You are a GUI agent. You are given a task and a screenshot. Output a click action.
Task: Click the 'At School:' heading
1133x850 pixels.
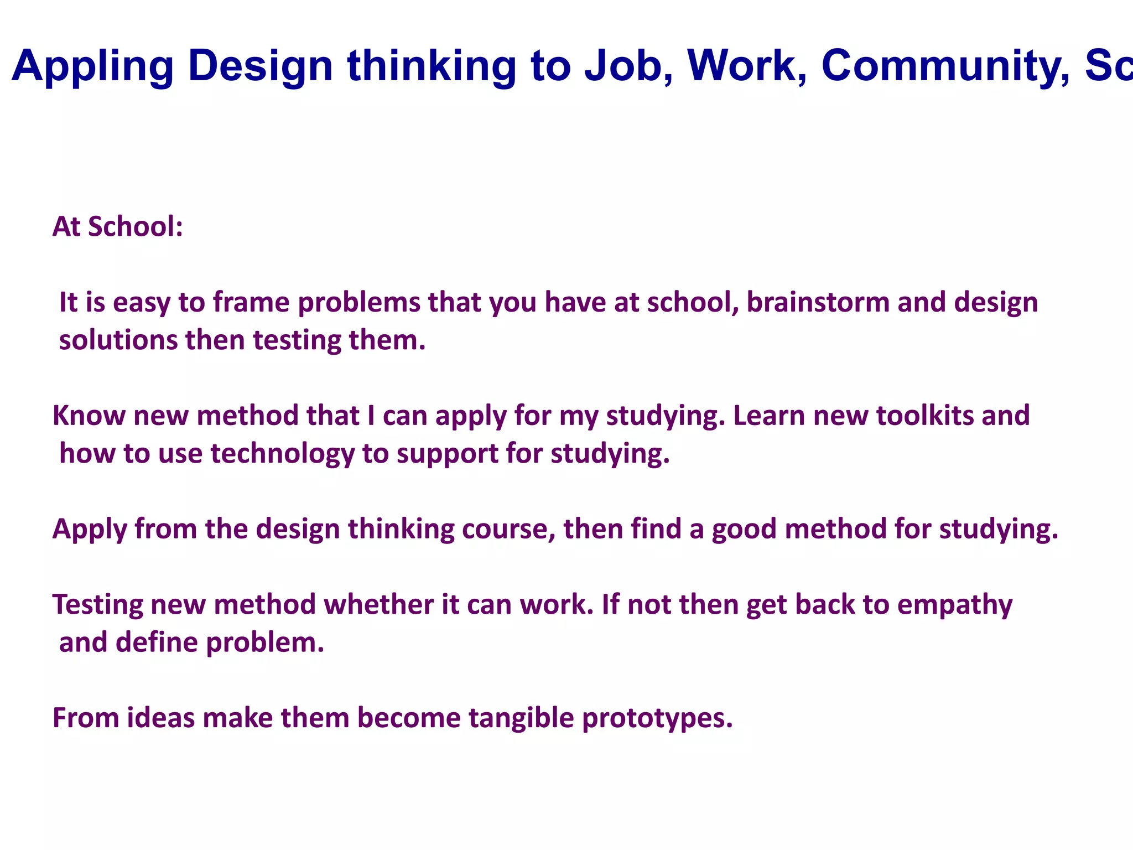[x=117, y=227]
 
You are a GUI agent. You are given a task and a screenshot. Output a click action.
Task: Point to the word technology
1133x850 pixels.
[x=282, y=454]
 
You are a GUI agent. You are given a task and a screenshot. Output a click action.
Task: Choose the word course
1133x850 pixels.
[x=508, y=529]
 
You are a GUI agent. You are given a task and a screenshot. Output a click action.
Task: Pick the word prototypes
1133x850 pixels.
[x=657, y=718]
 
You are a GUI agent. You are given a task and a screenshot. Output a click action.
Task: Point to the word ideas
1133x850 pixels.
[x=161, y=718]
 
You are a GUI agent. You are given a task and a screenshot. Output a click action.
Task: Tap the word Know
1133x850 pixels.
[x=89, y=416]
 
